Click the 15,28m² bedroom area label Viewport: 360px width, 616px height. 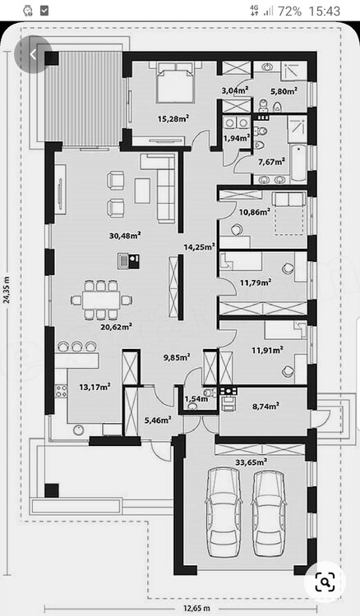173,118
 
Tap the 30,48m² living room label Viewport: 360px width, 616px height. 124,235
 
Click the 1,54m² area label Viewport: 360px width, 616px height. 196,399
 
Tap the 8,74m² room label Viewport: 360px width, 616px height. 265,406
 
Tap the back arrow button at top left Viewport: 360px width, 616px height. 34,54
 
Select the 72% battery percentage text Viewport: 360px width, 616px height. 288,11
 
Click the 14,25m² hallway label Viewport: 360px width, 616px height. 199,246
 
